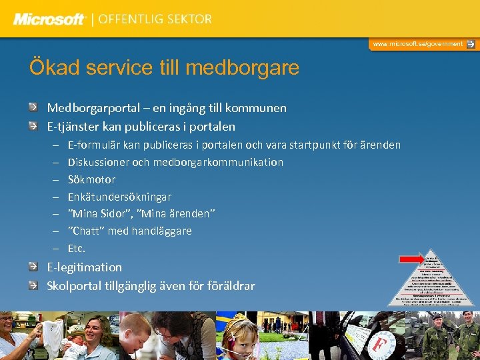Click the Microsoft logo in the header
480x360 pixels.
tap(49, 19)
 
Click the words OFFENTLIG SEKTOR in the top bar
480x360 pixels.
tap(155, 19)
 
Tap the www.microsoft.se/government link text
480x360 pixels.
tap(417, 44)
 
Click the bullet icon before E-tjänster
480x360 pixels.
tap(33, 126)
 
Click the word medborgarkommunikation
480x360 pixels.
tap(218, 163)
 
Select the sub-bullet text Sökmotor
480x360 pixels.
tap(91, 180)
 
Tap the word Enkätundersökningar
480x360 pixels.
tap(119, 197)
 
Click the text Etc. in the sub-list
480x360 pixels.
tap(77, 249)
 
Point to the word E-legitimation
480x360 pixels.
tap(84, 267)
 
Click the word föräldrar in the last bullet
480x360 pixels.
tap(230, 286)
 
